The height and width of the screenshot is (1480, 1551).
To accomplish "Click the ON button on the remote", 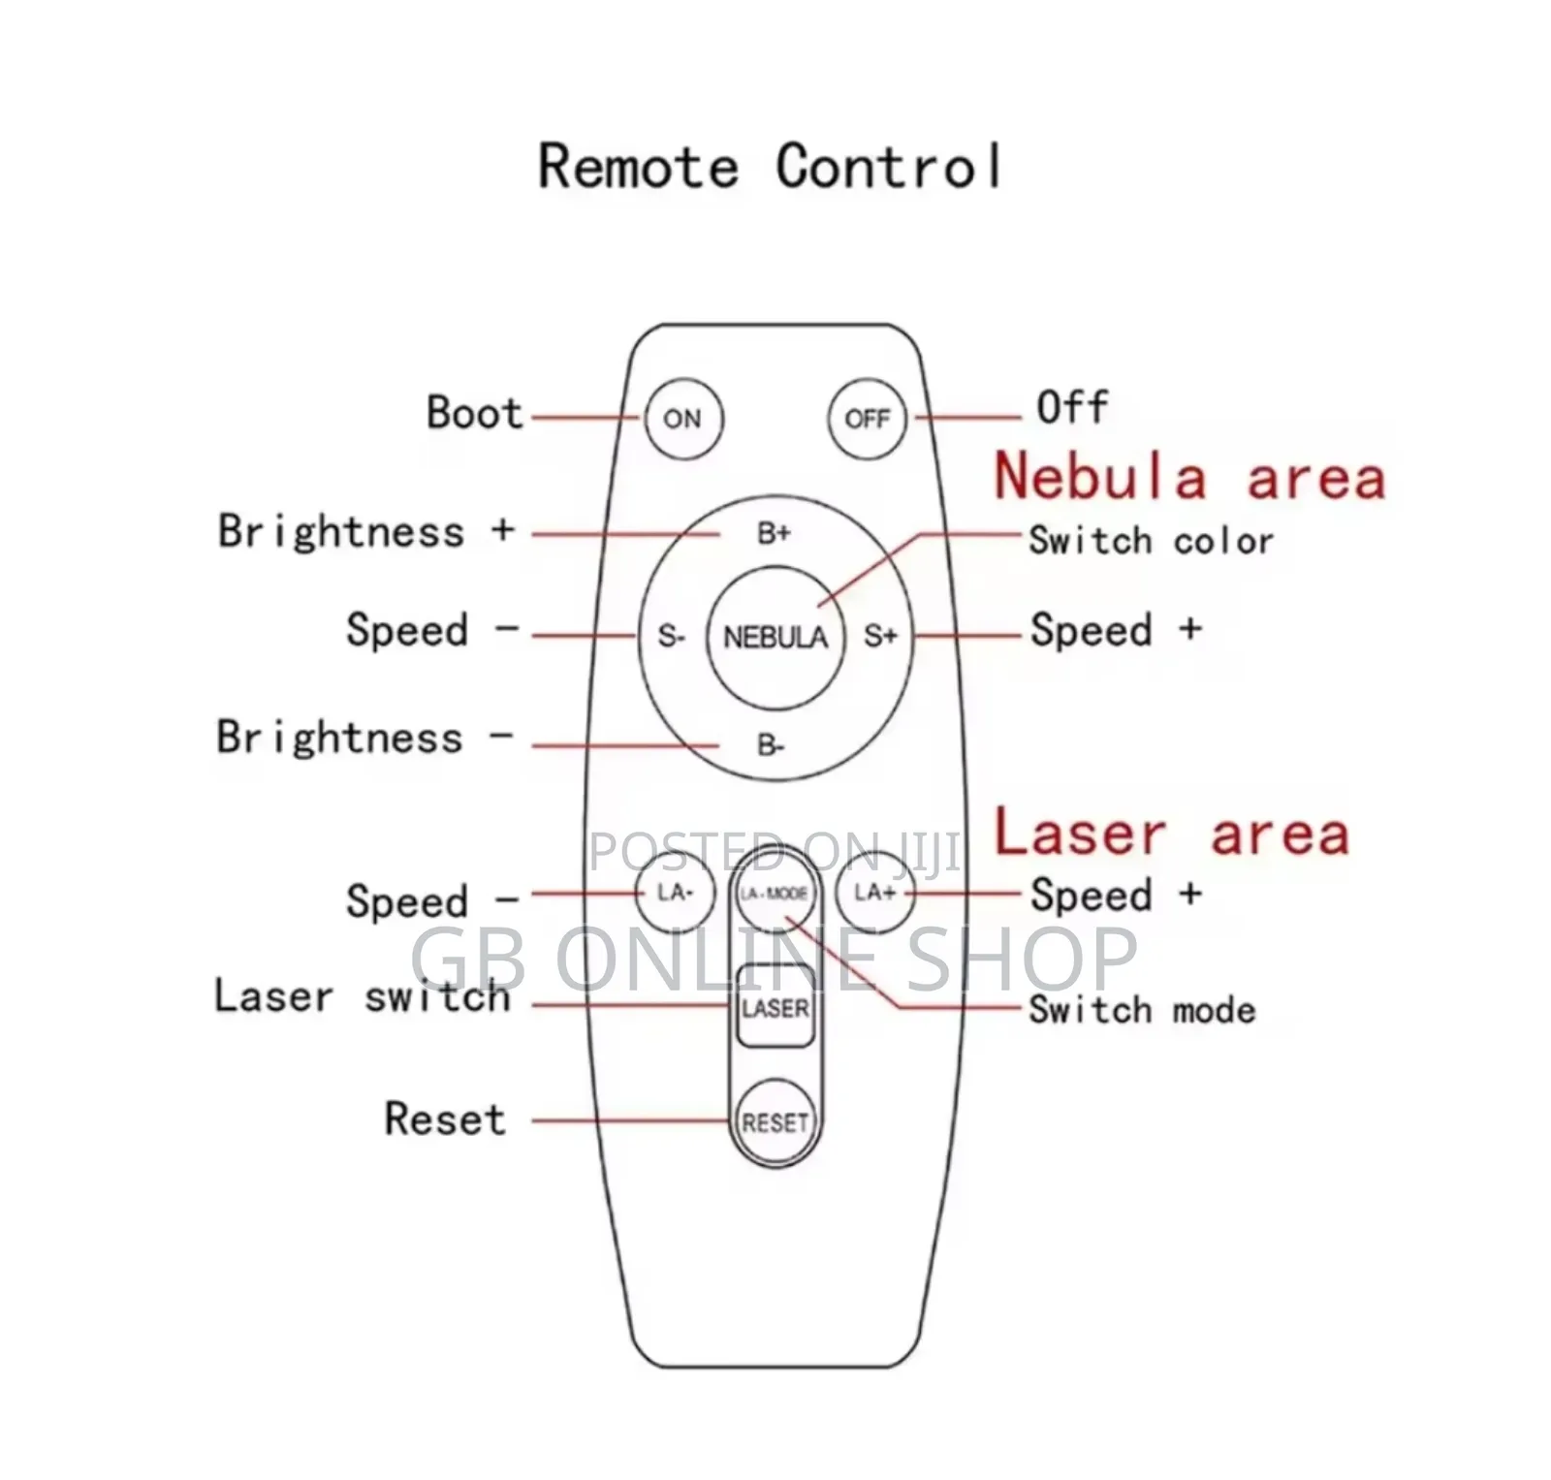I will pos(682,419).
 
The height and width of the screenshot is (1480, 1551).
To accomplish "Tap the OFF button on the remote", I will pos(867,419).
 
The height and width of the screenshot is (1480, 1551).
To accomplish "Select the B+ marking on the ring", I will pos(774,533).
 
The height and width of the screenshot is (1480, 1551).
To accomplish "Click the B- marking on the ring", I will pos(771,745).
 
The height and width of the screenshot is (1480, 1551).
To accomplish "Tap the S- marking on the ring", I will pos(671,637).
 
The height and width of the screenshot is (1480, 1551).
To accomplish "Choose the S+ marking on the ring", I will pos(880,637).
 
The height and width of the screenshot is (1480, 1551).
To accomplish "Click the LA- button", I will pos(675,892).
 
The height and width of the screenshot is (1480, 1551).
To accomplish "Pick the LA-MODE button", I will pos(774,894).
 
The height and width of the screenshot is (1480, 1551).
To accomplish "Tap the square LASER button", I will pos(775,1008).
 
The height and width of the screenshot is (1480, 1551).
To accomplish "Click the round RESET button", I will pos(775,1122).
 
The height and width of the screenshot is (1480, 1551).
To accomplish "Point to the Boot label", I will pos(474,413).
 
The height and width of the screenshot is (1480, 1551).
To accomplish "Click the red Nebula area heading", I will pos(1189,478).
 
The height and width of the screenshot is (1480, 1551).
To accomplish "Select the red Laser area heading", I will pos(1171,834).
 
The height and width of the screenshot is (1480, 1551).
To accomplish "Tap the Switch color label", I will pos(1151,541).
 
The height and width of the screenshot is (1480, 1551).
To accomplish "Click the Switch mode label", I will pos(1142,1010).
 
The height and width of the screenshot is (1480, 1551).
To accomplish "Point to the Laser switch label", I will pos(362,996).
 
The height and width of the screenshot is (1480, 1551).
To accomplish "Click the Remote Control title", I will pos(770,167).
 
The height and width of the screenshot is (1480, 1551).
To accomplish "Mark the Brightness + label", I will pos(365,531).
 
